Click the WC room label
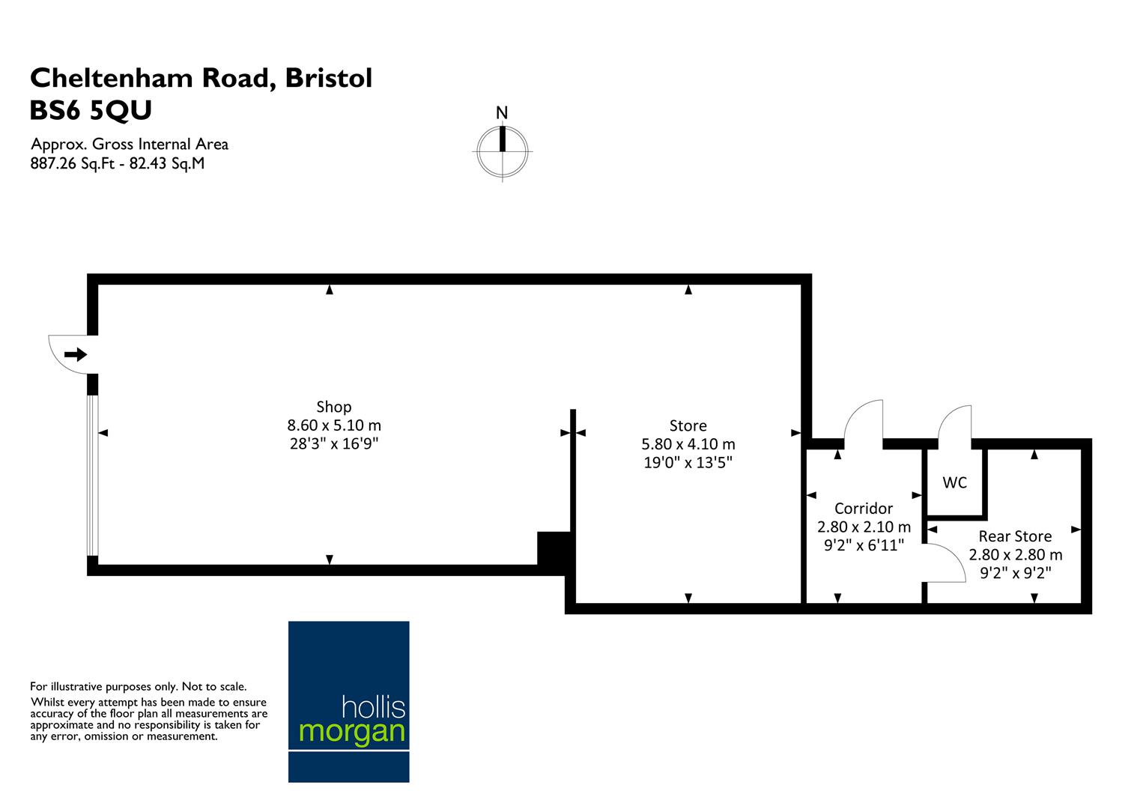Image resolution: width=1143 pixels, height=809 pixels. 954,483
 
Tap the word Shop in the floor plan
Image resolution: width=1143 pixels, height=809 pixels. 334,407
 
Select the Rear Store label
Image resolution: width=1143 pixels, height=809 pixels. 1015,536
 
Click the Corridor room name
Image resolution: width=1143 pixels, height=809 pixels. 864,508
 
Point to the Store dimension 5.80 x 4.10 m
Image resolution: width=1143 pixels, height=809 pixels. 688,444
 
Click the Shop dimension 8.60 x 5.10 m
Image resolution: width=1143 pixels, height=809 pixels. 334,425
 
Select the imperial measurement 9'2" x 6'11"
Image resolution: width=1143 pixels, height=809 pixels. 864,545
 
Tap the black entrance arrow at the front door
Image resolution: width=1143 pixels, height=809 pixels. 76,354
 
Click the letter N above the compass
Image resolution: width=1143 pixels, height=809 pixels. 502,113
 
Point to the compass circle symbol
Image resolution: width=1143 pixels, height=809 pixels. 502,151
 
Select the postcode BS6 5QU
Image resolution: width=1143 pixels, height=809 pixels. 91,111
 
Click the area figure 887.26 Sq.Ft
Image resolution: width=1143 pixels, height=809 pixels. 73,163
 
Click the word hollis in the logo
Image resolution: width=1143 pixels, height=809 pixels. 373,706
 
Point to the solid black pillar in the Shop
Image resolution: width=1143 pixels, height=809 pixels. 554,548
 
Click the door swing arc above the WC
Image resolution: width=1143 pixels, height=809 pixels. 956,424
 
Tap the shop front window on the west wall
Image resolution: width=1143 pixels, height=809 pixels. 92,475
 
